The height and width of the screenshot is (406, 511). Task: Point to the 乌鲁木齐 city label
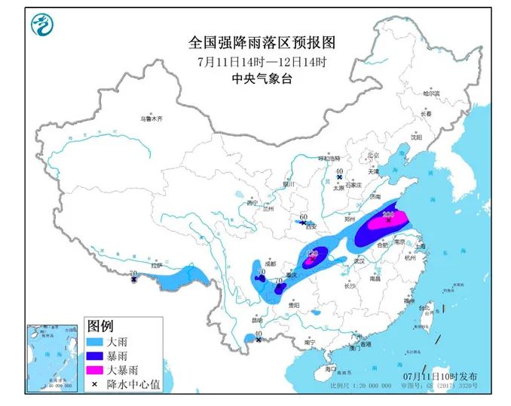(x=151, y=119)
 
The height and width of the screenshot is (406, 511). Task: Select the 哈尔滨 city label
(x=430, y=94)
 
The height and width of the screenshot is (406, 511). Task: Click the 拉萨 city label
(x=156, y=266)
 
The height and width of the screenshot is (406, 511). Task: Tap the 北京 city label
(x=371, y=155)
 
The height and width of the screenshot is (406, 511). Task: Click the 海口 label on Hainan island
(x=331, y=369)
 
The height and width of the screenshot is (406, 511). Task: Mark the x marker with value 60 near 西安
(x=302, y=223)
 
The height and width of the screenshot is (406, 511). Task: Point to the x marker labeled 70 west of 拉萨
(x=134, y=279)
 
